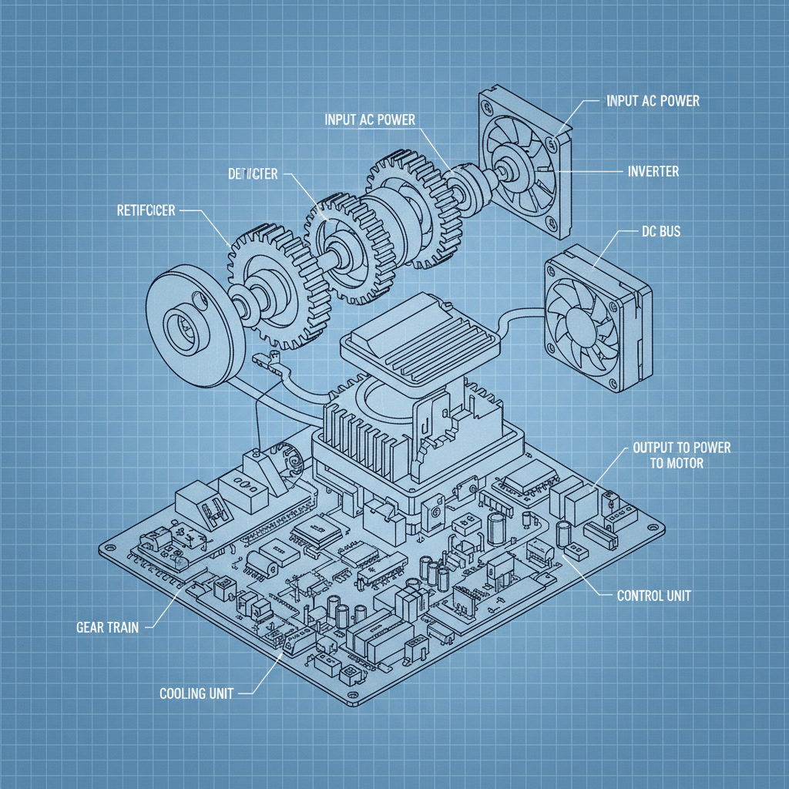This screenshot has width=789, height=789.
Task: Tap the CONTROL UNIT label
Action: tap(654, 596)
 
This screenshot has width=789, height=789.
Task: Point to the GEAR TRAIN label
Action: tap(108, 627)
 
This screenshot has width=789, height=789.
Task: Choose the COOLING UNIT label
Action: tap(196, 693)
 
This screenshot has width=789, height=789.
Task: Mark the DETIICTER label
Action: tap(252, 175)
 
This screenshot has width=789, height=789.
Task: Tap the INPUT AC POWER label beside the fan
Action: tap(653, 101)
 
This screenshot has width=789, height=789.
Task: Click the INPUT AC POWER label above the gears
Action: tap(369, 119)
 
